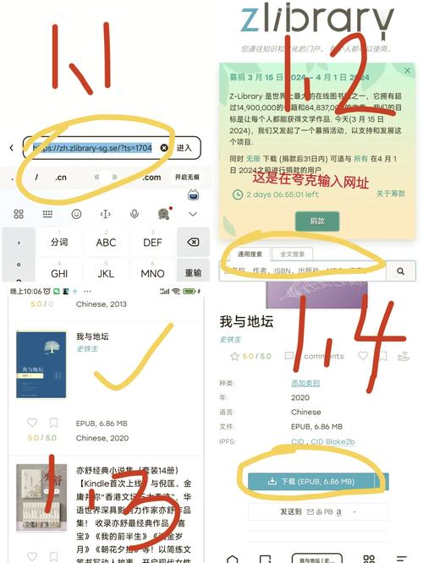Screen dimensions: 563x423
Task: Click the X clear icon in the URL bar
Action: point(164,148)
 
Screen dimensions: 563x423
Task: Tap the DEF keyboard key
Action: point(152,242)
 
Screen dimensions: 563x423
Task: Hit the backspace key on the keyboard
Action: point(193,242)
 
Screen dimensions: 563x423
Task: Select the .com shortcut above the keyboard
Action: point(151,178)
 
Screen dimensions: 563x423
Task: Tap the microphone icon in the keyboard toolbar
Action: point(135,215)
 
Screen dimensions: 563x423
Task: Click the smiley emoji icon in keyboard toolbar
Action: point(76,215)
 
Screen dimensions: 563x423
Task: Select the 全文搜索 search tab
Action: point(292,254)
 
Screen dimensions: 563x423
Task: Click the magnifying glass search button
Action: point(402,271)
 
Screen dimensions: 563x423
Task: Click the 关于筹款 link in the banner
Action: point(392,194)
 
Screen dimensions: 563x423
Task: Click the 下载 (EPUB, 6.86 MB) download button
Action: point(313,482)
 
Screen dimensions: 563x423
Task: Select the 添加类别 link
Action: point(283,384)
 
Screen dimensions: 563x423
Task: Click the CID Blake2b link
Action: point(324,441)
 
